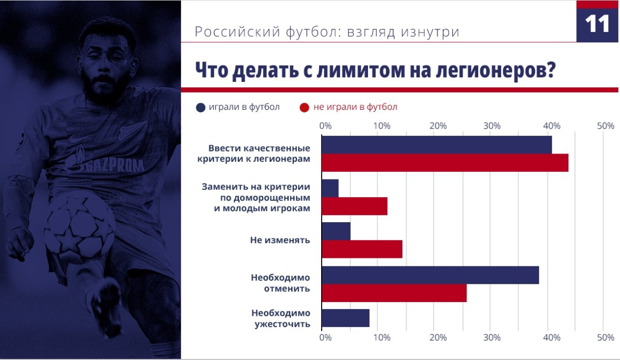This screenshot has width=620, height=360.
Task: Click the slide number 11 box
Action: (x=598, y=23)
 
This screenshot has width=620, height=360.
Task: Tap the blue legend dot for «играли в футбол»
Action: (x=201, y=107)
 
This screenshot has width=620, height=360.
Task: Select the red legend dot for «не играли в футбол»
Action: (x=304, y=107)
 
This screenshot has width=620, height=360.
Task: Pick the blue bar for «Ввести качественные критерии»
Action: (x=437, y=145)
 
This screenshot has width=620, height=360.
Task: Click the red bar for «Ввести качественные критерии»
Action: (x=445, y=163)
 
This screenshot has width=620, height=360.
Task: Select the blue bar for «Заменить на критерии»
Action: (x=330, y=188)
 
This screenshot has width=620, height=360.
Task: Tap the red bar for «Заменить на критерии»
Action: (x=355, y=206)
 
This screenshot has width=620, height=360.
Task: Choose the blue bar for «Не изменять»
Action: (x=336, y=231)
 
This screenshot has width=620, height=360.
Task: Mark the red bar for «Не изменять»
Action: (x=362, y=249)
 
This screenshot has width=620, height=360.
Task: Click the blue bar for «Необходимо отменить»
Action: (x=430, y=275)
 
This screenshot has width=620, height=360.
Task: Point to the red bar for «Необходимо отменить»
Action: (x=394, y=293)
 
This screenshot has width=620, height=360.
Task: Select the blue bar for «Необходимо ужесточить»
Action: (x=346, y=318)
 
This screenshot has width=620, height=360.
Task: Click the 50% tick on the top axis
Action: (x=605, y=126)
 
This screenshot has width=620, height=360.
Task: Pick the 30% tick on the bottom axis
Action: (x=492, y=337)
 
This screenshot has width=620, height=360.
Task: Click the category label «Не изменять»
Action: (x=280, y=240)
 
